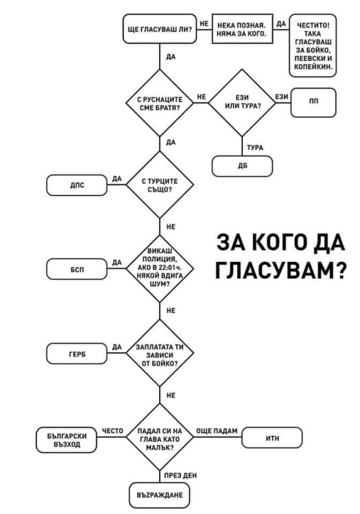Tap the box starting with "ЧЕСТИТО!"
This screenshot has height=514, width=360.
[313, 47]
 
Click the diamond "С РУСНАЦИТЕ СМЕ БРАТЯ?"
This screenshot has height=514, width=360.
[159, 104]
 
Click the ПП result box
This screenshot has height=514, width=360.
[313, 102]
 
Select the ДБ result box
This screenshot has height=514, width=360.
[241, 166]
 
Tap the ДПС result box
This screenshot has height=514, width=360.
[77, 185]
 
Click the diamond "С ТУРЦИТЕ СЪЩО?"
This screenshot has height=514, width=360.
[159, 185]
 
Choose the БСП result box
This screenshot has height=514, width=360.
[77, 269]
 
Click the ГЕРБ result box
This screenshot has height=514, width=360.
[77, 354]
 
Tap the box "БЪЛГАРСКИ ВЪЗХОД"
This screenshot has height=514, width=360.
[67, 439]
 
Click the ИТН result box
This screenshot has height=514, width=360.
[272, 438]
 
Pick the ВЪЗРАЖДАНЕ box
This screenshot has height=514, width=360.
[159, 493]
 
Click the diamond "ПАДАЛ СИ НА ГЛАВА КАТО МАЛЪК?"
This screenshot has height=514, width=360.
[159, 438]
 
